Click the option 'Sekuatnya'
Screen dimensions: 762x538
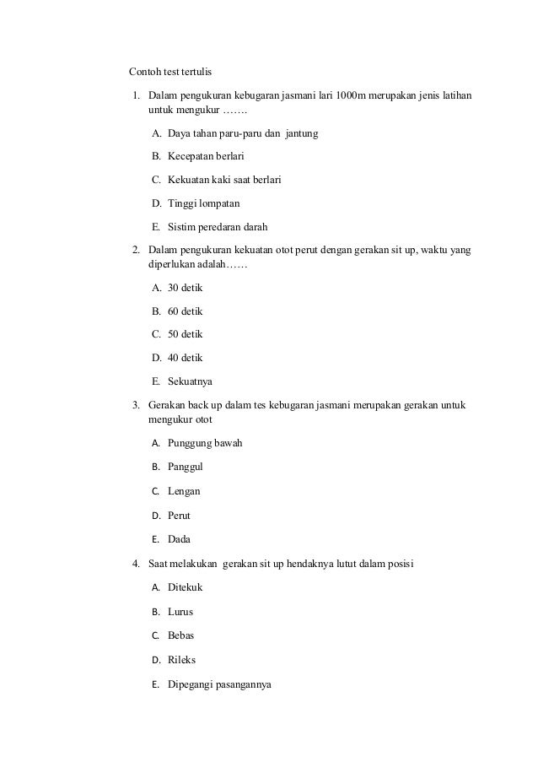click(x=190, y=381)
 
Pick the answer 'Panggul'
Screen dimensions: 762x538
click(x=186, y=467)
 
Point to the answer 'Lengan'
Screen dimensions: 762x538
click(x=184, y=491)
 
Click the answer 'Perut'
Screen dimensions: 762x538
click(x=179, y=515)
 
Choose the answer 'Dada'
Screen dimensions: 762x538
click(x=179, y=539)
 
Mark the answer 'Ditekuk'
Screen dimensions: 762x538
click(x=185, y=587)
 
